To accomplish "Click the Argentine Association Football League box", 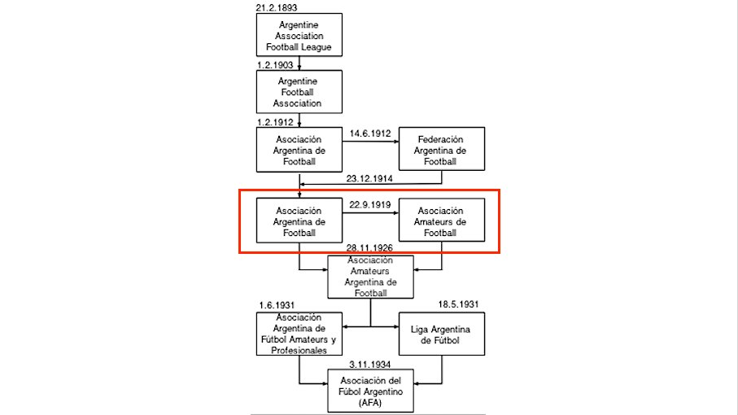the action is tap(299, 35).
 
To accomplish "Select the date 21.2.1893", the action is tap(277, 7).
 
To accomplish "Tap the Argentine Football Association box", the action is tap(299, 92).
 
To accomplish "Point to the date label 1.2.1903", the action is tap(275, 65).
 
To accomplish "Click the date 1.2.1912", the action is tap(275, 122).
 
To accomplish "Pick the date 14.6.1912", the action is tap(370, 133).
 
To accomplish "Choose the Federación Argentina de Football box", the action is tap(442, 149).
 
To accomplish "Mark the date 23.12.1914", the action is tap(369, 179).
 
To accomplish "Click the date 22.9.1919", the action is tap(370, 205).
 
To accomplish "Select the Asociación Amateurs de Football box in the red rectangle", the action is tap(442, 220).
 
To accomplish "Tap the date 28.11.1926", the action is tap(369, 248).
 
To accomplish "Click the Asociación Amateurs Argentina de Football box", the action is tap(370, 277).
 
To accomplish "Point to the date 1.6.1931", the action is tap(277, 305).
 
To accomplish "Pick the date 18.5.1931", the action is tap(458, 304).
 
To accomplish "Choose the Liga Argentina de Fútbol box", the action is tap(442, 334).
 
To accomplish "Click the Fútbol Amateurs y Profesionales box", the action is tap(299, 334).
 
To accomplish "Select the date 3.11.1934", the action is tap(370, 365).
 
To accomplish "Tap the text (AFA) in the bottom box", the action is tap(370, 403).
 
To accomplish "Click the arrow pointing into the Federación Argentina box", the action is tap(370, 141).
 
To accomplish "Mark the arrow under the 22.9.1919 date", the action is tap(370, 212).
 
